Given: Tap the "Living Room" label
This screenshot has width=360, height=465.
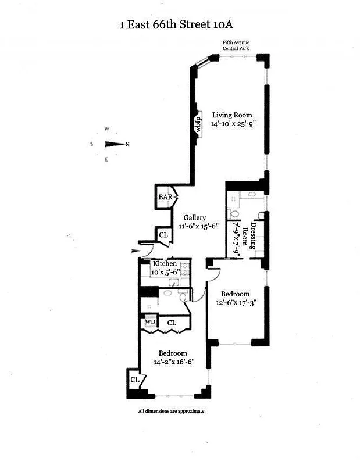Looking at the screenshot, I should pos(231,115).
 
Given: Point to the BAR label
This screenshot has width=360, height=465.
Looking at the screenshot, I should pos(166,198).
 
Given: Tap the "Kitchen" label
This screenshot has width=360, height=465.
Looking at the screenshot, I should pos(165,264).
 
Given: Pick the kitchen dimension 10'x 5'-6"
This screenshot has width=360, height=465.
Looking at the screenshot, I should pos(165,272).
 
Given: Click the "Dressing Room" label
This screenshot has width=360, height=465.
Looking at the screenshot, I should pos(249,235).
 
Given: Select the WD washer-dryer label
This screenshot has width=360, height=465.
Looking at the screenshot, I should pos(149,322).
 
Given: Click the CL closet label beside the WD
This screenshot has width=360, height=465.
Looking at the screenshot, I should pos(172,323).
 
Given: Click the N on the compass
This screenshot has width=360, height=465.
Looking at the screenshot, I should pos(127,144).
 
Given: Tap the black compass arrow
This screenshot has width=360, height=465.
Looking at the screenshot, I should pos(113,144).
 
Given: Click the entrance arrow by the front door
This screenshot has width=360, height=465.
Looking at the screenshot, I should pos(136,251).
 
